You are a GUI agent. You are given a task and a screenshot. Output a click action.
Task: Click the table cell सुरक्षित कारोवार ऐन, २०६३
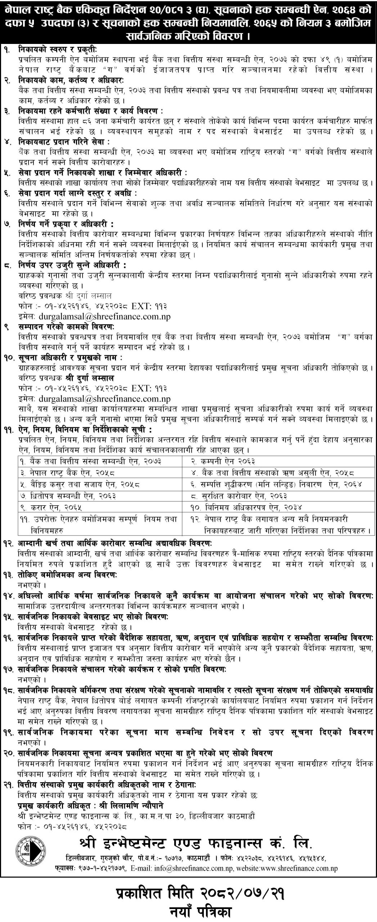(242, 496)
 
